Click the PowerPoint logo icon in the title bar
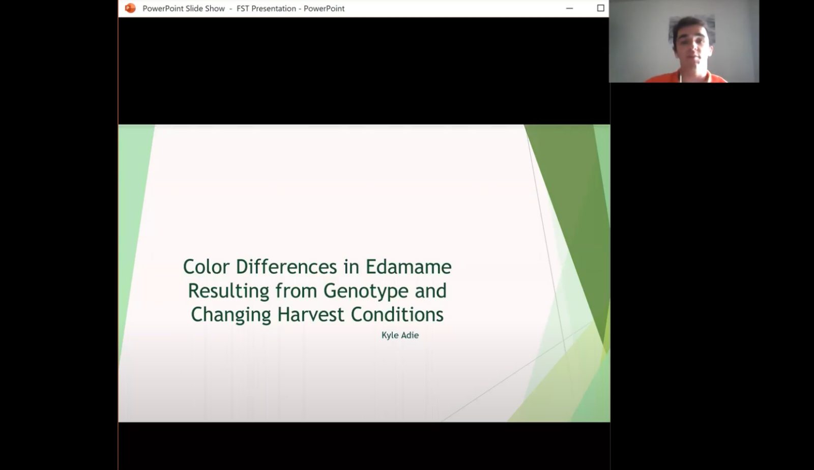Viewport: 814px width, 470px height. [x=130, y=8]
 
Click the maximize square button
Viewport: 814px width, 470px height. [x=600, y=8]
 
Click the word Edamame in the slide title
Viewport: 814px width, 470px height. [x=409, y=267]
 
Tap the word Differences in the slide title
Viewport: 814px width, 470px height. [x=286, y=267]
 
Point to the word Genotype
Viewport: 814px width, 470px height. [x=366, y=291]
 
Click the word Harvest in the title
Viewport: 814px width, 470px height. [x=311, y=314]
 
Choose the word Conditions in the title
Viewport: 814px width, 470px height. [x=397, y=314]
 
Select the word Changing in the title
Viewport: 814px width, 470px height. [x=231, y=315]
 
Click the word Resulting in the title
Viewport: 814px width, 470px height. [x=228, y=291]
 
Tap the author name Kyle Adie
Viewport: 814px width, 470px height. [x=400, y=335]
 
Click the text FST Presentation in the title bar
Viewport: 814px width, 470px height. [x=267, y=8]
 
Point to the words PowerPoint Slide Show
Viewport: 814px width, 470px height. [x=184, y=8]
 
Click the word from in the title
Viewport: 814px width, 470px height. [x=296, y=290]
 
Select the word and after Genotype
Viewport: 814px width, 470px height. [x=430, y=290]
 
